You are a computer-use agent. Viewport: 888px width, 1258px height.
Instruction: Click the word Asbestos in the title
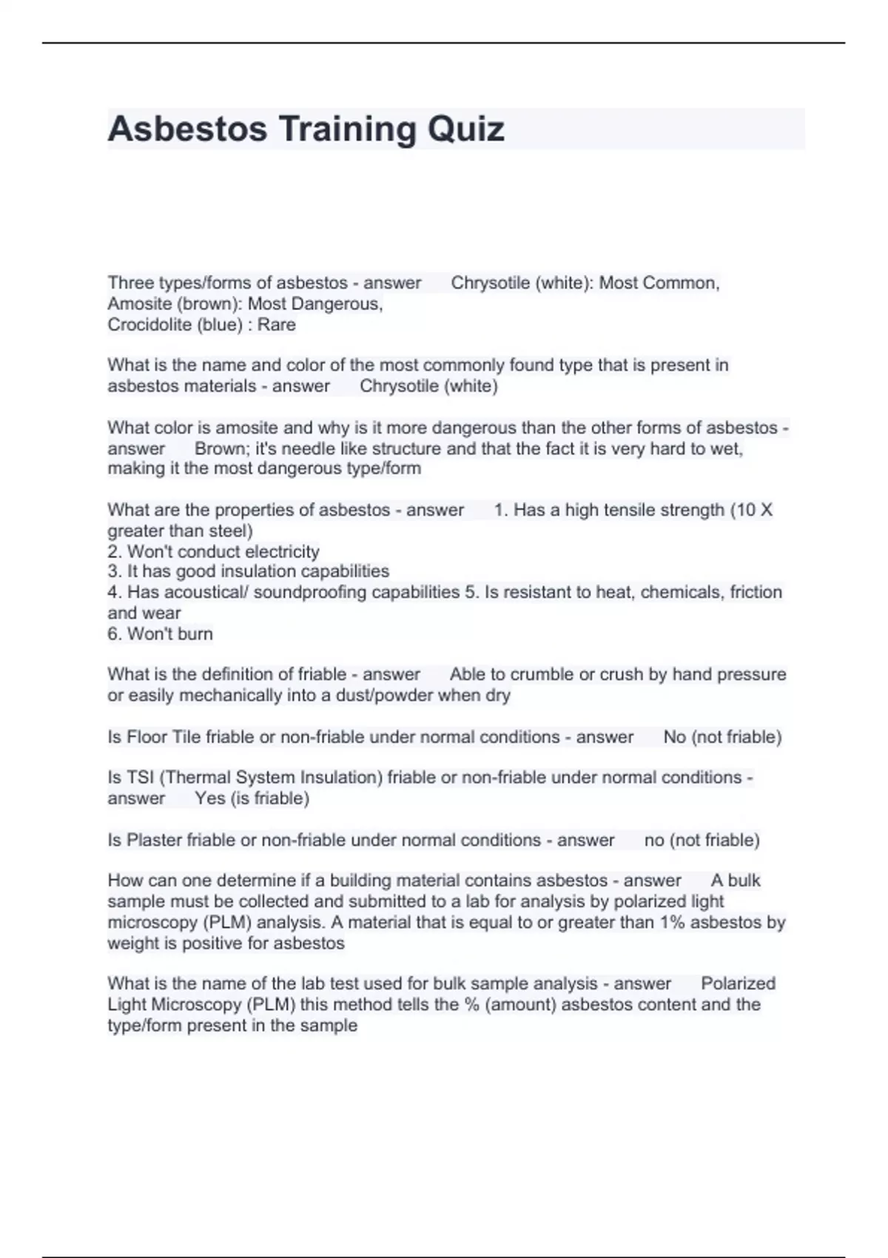(187, 129)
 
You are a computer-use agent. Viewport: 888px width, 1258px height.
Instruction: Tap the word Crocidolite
(149, 325)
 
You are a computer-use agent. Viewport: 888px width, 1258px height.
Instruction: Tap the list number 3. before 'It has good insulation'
(115, 571)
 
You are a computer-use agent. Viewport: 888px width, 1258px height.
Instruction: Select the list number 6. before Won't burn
(115, 633)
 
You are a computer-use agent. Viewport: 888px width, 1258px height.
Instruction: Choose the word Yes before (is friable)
(210, 798)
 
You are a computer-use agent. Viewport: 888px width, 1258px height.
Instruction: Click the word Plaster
(155, 840)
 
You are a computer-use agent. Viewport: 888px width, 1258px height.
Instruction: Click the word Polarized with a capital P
(738, 983)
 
